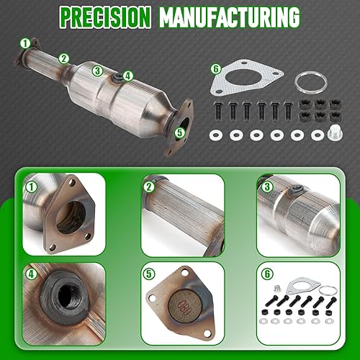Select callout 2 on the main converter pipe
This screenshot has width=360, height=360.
[64, 58]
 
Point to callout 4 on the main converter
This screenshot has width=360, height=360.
[127, 75]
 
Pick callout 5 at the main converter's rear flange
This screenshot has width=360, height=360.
[179, 132]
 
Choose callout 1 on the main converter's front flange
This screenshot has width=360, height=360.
[26, 43]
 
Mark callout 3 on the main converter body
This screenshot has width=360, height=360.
[96, 70]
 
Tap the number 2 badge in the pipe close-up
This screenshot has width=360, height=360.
[149, 186]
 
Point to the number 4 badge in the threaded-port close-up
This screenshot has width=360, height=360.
[31, 274]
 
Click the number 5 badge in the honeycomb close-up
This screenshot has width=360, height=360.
[149, 274]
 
